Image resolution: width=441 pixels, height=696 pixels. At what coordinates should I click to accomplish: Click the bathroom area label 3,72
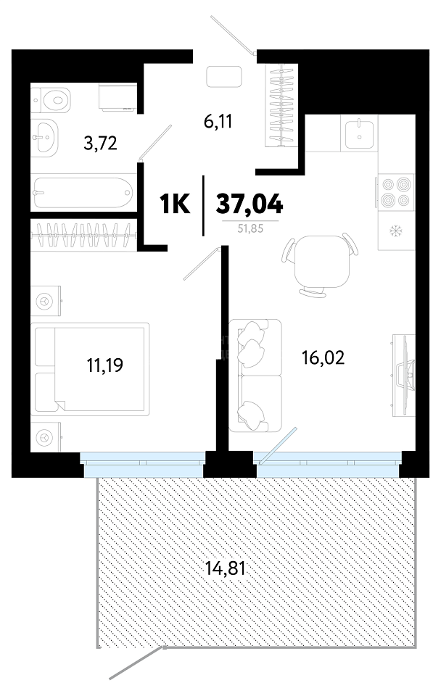tap(100, 144)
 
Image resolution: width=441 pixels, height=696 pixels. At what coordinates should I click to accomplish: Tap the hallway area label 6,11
tap(218, 121)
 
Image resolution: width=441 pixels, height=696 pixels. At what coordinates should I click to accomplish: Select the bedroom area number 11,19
tap(104, 365)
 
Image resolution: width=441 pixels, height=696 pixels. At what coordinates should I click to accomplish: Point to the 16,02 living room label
tap(323, 357)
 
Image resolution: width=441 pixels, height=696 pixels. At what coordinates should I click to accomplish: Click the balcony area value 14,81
tap(226, 568)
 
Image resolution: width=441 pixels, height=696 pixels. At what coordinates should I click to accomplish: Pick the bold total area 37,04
tap(249, 204)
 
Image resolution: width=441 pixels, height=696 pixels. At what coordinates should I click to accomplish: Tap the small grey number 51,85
tap(251, 229)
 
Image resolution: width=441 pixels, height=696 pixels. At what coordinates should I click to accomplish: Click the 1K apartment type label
tap(175, 204)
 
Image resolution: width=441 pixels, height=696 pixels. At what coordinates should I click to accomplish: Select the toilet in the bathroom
tap(51, 100)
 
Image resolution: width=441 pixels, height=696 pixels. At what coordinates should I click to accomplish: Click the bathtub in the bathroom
tap(83, 193)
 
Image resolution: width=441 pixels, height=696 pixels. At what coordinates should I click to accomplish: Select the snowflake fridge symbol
tap(394, 231)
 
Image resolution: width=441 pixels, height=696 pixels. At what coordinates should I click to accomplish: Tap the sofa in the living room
tap(255, 376)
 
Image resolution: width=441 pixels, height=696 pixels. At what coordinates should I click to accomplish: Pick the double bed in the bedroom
tap(90, 369)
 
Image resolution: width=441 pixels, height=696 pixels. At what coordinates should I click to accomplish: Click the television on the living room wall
tap(404, 376)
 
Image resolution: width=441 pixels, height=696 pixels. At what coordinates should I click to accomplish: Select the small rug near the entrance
tap(224, 77)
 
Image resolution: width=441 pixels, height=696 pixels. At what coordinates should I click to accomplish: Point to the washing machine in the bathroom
tap(118, 97)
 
